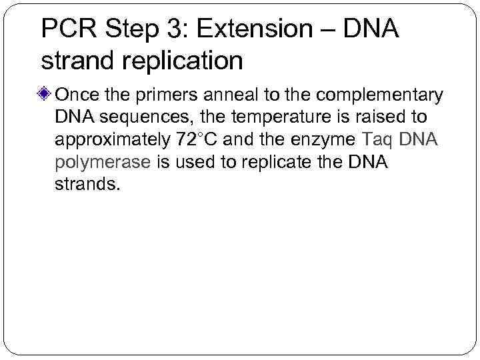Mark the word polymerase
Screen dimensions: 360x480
click(x=103, y=162)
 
